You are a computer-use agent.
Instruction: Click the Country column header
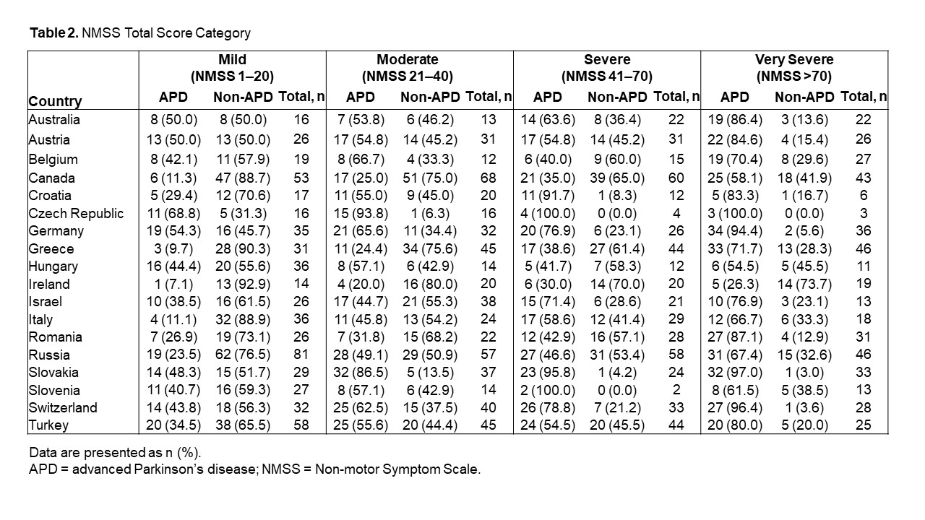pos(55,101)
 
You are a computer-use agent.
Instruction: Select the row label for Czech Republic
pos(76,213)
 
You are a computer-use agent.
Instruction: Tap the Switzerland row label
pos(63,408)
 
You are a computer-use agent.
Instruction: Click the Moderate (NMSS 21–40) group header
pos(408,68)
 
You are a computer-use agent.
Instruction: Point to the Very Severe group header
pos(794,68)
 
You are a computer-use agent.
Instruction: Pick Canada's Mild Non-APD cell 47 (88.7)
pos(243,178)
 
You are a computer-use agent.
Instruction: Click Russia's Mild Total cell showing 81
pos(301,355)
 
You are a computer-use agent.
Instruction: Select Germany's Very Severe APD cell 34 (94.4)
pos(735,230)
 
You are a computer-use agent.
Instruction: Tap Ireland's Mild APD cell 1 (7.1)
pos(173,285)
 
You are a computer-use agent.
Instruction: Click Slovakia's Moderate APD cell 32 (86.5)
pos(361,373)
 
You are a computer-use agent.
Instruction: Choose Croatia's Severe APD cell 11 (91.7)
pos(548,196)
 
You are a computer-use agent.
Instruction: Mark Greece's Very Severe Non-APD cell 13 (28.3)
pos(804,249)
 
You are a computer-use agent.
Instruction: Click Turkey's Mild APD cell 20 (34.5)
pos(173,425)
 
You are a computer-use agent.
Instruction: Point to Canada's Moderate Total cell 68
pos(489,178)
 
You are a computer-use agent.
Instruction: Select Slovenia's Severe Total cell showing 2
pos(676,390)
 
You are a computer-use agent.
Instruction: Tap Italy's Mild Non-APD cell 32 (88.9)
pos(243,320)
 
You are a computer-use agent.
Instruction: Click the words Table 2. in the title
pos(54,33)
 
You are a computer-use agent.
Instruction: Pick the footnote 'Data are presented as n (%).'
pos(115,453)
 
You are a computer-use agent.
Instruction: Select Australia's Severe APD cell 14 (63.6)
pos(548,120)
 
